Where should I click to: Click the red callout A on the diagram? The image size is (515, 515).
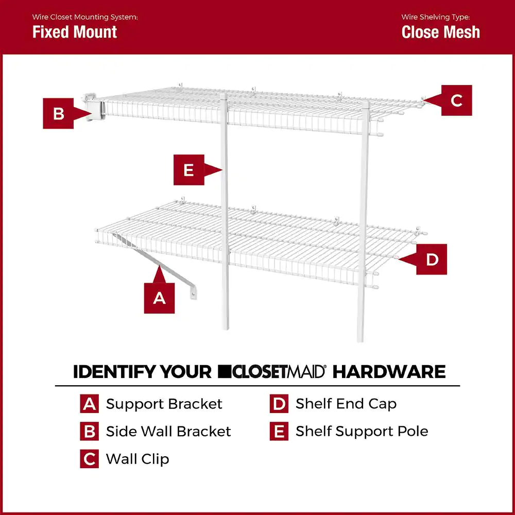click(x=159, y=297)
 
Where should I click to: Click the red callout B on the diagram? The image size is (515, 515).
click(x=59, y=113)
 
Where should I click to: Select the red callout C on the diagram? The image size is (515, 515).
click(x=456, y=100)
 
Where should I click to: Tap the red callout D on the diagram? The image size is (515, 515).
click(x=432, y=260)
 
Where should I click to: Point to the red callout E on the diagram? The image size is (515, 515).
click(x=188, y=170)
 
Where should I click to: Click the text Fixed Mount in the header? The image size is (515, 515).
click(x=75, y=32)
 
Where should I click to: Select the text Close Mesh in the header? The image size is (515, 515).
click(x=440, y=32)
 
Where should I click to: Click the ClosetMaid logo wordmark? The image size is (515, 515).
click(x=271, y=372)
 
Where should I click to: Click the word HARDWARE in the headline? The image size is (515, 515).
click(x=389, y=372)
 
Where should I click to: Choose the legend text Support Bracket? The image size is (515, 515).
click(x=164, y=404)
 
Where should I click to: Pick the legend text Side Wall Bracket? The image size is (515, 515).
click(x=168, y=431)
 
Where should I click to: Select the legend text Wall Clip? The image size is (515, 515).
click(x=138, y=459)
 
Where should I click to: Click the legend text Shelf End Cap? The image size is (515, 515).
click(x=346, y=404)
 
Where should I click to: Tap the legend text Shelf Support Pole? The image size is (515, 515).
click(x=362, y=431)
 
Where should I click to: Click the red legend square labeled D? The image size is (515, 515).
click(x=279, y=404)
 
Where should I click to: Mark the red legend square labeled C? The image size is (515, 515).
click(x=89, y=459)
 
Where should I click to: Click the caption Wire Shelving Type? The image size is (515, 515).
click(x=436, y=17)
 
